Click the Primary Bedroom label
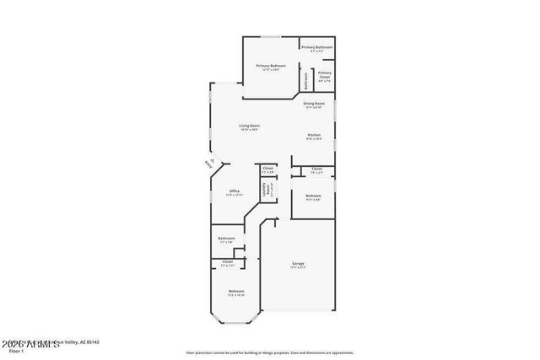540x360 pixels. (x=271, y=67)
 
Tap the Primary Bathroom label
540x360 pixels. (x=317, y=49)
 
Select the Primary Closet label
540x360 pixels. (x=325, y=76)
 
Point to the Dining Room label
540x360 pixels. (x=314, y=105)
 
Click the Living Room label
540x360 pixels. (x=249, y=127)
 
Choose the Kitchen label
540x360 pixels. (x=313, y=137)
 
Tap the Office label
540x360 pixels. (x=235, y=192)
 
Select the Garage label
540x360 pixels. (x=298, y=265)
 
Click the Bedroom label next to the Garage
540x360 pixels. (x=313, y=197)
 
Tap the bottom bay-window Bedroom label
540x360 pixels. (x=235, y=293)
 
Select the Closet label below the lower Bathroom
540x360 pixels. (x=228, y=263)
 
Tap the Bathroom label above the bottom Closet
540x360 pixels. (x=226, y=239)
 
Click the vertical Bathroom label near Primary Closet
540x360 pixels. (x=306, y=79)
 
